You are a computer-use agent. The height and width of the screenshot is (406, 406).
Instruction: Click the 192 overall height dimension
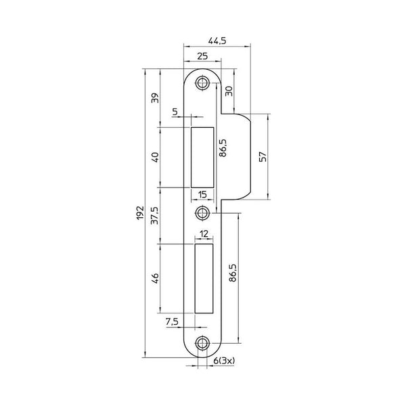(x=140, y=213)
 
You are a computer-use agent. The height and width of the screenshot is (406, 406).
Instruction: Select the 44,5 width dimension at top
(x=217, y=41)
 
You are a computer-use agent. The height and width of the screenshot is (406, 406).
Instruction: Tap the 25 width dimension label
(x=202, y=56)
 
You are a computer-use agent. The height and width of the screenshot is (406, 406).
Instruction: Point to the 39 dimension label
(x=156, y=98)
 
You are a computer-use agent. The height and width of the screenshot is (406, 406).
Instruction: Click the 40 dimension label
(x=156, y=157)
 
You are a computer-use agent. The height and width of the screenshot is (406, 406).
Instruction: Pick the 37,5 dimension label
(x=156, y=216)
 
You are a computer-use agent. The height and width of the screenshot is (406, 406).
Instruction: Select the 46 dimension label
(x=156, y=278)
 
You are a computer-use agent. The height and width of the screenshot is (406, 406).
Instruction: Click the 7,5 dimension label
(x=172, y=322)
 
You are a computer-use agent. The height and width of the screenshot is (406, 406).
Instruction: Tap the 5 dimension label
(x=175, y=112)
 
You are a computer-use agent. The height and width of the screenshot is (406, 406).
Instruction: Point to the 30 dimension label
(x=229, y=91)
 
